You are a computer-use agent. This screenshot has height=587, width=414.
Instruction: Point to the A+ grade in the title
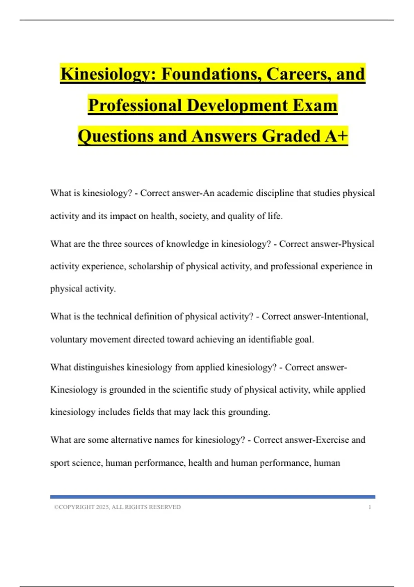point(336,136)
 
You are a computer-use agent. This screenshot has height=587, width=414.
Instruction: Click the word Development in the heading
point(237,105)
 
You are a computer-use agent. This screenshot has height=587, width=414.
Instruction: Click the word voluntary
point(69,340)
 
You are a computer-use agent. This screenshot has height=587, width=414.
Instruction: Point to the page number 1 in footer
point(370,507)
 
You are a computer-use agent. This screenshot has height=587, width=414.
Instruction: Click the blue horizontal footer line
point(213,497)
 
